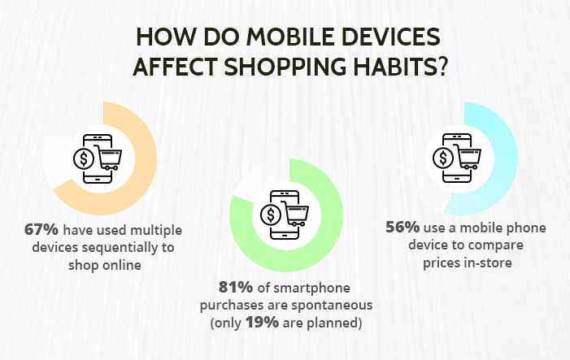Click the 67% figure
pos(41,230)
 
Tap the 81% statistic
pos(236,288)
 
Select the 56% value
pos(402,228)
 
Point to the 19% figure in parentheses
pos(262,323)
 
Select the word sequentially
pos(120,248)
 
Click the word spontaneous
pos(332,306)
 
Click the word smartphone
pos(311,288)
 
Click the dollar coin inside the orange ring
pos(83,158)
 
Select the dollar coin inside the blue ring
pos(443,158)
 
